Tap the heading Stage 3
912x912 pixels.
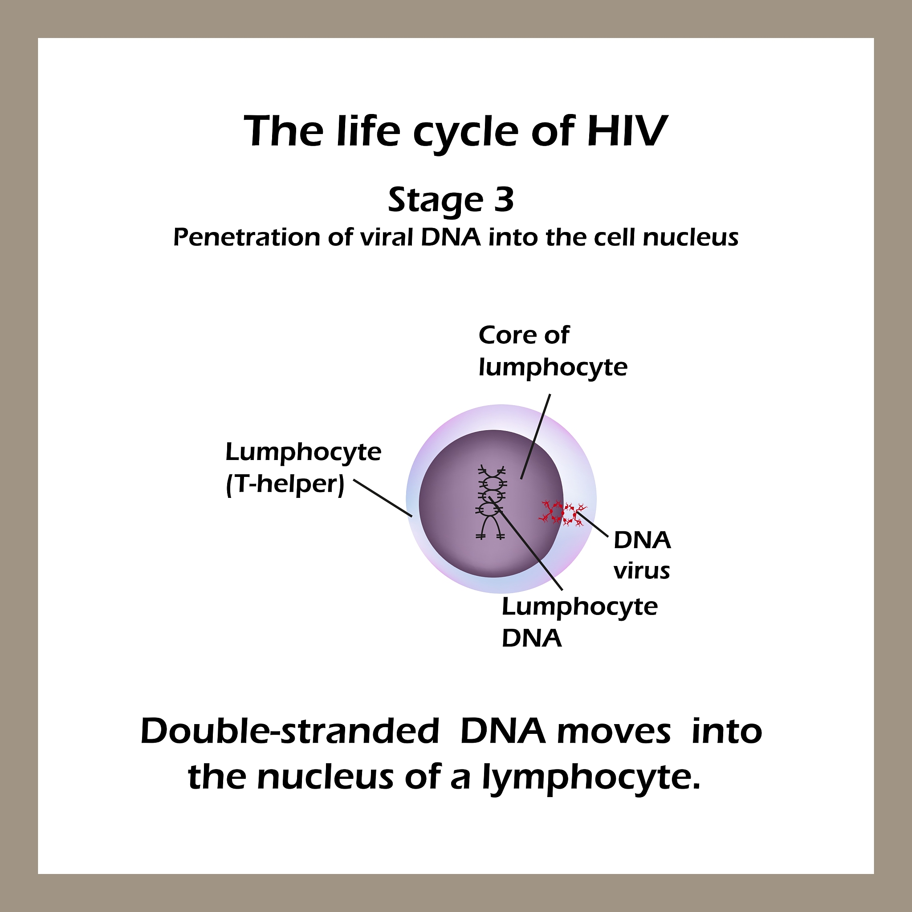click(451, 200)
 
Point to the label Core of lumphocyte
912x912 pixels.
click(552, 351)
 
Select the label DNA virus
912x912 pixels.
click(642, 555)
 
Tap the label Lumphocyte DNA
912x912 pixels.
click(579, 622)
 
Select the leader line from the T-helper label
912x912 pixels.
click(383, 498)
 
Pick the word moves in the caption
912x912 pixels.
click(613, 732)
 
